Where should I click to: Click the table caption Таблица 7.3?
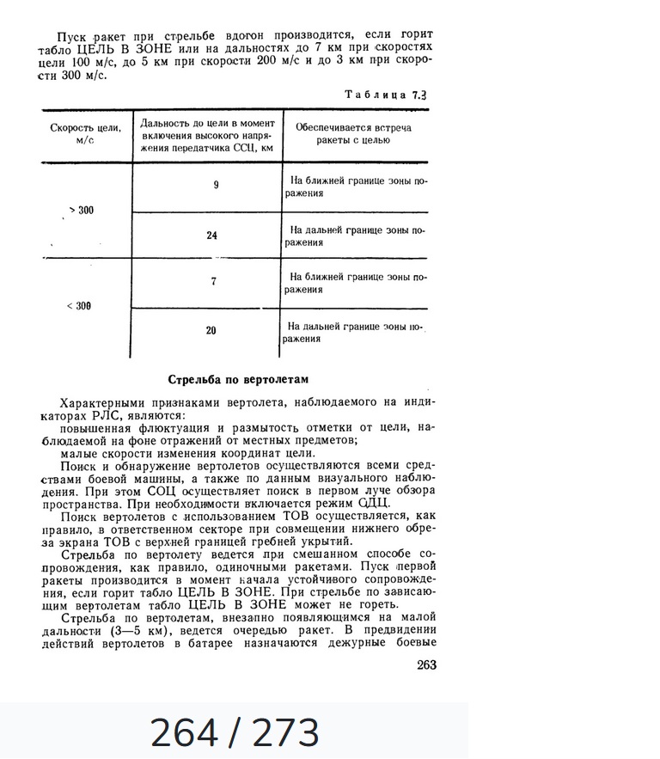pyautogui.click(x=386, y=95)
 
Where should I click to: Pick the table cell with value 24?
pyautogui.click(x=212, y=236)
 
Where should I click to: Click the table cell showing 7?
pyautogui.click(x=213, y=282)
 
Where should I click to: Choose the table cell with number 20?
pyautogui.click(x=212, y=331)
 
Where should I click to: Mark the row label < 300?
pyautogui.click(x=79, y=306)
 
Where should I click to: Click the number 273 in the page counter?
pyautogui.click(x=286, y=733)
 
